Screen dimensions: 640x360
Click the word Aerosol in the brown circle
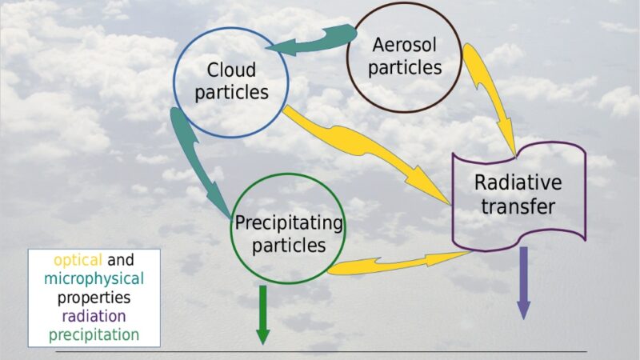405,45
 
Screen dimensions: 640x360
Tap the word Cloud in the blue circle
231,70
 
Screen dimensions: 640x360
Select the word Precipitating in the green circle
289,224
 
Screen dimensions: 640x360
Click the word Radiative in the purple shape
518,182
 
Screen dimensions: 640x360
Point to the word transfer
518,206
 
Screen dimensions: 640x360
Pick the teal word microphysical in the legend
94,279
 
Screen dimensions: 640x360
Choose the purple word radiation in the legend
94,316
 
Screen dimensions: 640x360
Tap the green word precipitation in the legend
94,335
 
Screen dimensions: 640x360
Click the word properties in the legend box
94,298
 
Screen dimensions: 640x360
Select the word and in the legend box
121,260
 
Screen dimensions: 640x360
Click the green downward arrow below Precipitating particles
263,314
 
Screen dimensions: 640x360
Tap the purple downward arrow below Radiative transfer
523,283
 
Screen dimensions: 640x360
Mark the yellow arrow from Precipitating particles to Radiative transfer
398,263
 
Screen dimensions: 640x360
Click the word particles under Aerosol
405,68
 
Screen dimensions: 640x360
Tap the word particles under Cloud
231,93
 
